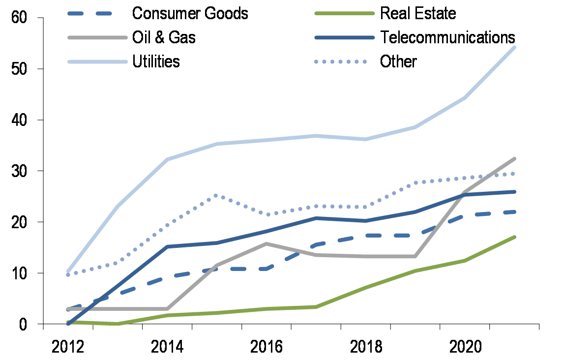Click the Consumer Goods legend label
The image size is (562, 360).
[x=190, y=13]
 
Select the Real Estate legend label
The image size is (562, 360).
[x=418, y=13]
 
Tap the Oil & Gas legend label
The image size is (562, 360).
[x=164, y=37]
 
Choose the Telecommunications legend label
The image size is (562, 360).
[x=447, y=37]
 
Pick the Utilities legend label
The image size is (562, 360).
[x=156, y=61]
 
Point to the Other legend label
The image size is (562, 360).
[x=398, y=61]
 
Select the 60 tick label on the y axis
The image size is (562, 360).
[x=20, y=18]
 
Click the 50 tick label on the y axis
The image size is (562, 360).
[x=20, y=69]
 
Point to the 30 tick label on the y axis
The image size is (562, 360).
[x=20, y=171]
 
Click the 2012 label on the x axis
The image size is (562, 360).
[x=68, y=346]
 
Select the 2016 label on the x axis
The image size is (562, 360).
[x=266, y=346]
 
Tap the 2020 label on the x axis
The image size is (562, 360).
[x=465, y=346]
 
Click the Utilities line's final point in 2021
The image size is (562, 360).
[x=514, y=47]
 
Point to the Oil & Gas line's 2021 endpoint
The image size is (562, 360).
[x=514, y=159]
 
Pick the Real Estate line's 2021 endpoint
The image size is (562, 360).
[x=514, y=237]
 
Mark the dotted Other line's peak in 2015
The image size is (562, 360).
[x=216, y=196]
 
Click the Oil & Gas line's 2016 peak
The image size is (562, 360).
[x=266, y=243]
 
